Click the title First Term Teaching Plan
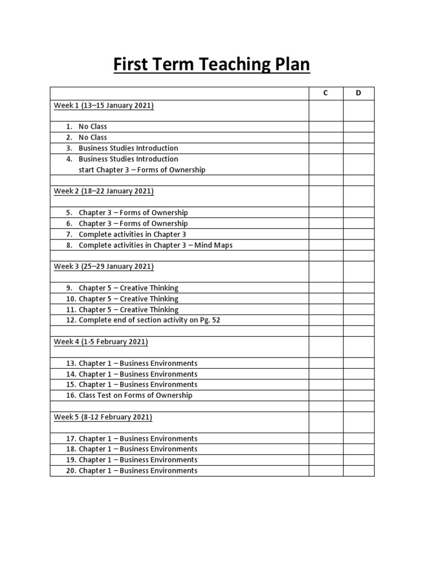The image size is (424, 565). coord(211,65)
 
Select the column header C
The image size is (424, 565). coord(326,93)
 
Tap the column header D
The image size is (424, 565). coord(358,93)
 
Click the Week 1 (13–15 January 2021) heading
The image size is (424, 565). coord(103,105)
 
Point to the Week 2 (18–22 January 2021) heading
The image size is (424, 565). coord(103,191)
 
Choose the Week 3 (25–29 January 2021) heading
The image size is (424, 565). coord(103,266)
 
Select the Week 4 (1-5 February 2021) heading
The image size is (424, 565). coord(100,342)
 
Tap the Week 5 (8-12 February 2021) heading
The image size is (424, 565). coord(103,417)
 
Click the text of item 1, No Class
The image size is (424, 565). coord(93,127)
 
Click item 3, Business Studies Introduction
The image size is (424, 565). coord(128,148)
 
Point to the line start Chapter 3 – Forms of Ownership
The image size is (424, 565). coord(142,170)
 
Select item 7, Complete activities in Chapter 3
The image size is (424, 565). coord(132,234)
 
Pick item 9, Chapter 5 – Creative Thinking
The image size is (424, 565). coord(129,288)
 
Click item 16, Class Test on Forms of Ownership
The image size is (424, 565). coord(135,396)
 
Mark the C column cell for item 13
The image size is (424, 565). coord(326,364)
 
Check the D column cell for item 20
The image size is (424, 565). coord(358,471)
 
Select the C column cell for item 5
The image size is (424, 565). coord(326,213)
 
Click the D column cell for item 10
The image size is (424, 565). coord(358,299)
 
